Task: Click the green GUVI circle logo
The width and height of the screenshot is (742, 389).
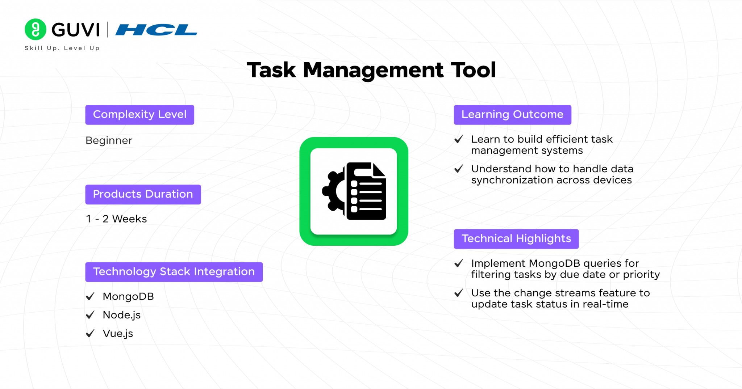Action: pos(36,29)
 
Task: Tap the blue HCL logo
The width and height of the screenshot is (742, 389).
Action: pos(156,30)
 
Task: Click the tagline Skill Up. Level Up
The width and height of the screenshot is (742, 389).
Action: pos(62,48)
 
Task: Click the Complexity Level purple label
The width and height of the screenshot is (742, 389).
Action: pos(140,115)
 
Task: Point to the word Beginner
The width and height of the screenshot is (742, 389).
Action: pos(109,141)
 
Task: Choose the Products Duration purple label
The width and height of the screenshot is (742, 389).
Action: pos(143,194)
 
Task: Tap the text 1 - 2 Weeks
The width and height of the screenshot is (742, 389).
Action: pos(116,219)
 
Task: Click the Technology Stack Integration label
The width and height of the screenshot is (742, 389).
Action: pos(174,272)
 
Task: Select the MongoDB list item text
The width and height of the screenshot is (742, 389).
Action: pos(128,296)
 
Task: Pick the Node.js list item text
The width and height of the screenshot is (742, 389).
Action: pos(122,315)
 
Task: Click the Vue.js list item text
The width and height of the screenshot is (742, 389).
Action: pos(118,333)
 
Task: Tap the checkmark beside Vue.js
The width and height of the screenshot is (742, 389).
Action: pos(90,333)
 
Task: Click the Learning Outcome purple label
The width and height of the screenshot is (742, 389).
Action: pos(513,115)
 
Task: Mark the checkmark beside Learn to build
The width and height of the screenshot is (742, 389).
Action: pos(459,139)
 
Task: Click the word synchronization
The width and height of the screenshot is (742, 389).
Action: pos(512,180)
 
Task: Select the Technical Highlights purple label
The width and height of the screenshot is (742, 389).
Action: pos(516,239)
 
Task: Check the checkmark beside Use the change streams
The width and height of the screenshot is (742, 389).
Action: pos(459,293)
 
